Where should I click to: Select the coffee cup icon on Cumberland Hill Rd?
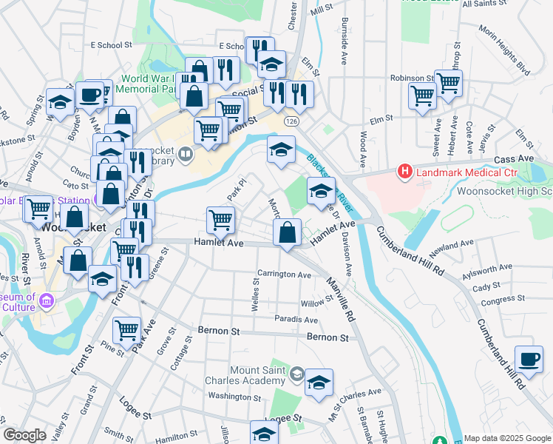coord(528,359)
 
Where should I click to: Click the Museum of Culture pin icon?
coord(48,300)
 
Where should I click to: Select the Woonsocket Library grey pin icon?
coord(186,155)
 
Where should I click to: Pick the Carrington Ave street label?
coord(284,275)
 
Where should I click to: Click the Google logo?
coord(24,435)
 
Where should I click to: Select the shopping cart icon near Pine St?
coord(128,329)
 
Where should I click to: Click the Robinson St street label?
coord(413,78)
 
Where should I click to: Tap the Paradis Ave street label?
coord(296,320)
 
